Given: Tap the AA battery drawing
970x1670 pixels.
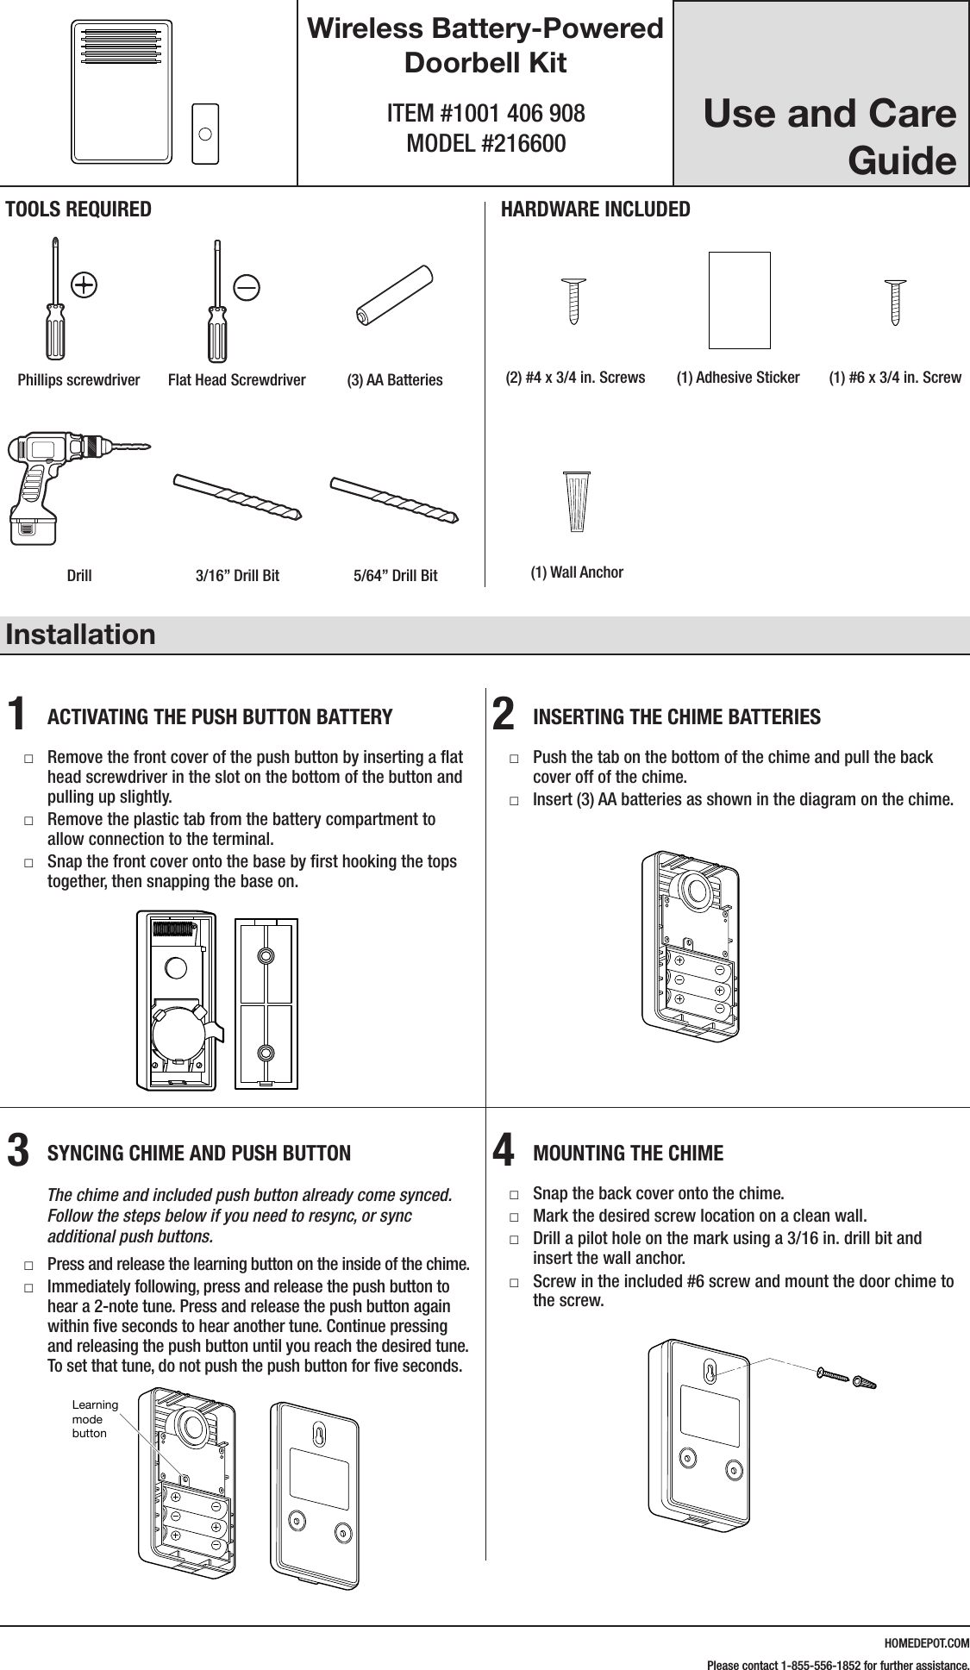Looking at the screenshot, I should pos(395,295).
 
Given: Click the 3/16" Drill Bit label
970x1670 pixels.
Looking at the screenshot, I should pos(237,575).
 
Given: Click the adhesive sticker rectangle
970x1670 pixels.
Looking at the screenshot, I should pos(739,300).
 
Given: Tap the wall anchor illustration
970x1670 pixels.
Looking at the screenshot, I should pos(577,501).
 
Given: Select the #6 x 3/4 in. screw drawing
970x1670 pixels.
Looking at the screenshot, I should pos(895,301).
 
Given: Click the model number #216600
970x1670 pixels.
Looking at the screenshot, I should pos(485,143).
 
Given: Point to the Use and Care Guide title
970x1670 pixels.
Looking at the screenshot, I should pos(828,136).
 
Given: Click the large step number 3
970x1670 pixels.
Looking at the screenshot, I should pos(17,1150).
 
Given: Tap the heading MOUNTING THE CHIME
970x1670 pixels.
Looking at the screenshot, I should pos(629,1153).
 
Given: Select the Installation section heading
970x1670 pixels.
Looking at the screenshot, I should pos(80,635).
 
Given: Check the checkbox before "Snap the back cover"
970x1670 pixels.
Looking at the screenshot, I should pos(514,1196).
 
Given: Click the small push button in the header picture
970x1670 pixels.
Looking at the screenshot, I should pos(205,134).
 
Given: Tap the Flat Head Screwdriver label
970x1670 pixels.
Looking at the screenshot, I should pos(236,379).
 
